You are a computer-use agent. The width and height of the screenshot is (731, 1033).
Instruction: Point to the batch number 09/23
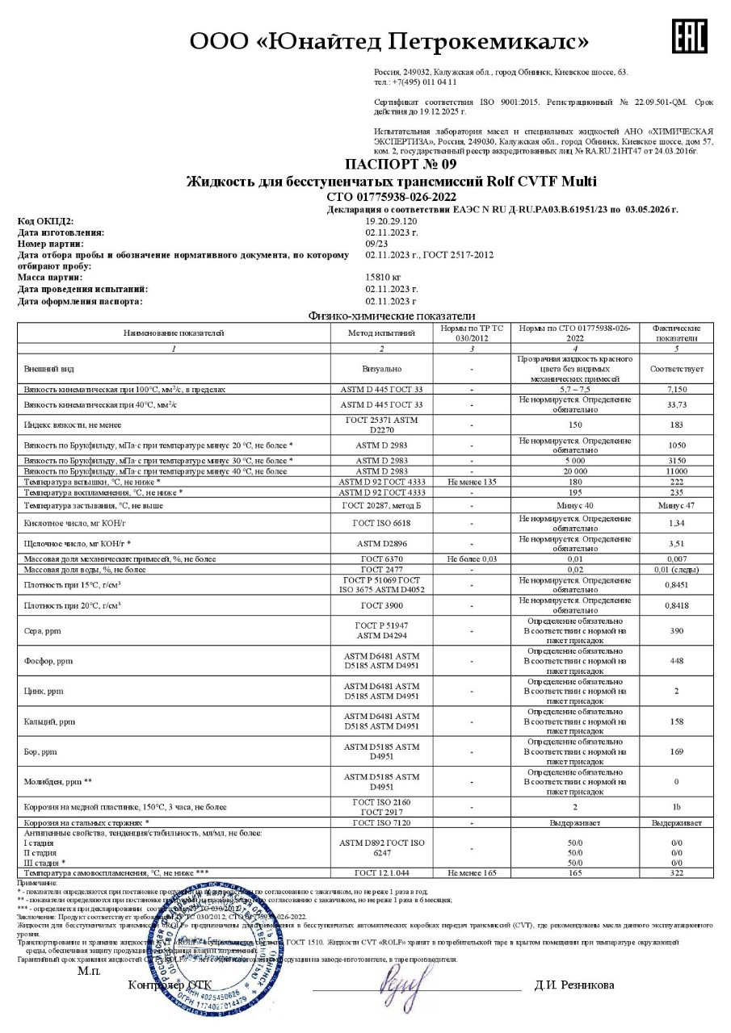point(377,243)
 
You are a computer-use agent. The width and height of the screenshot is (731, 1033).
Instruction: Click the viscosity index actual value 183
point(676,424)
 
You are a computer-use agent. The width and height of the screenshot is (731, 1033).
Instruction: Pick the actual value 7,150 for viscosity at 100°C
point(676,389)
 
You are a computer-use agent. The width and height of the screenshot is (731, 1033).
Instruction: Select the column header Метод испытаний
point(381,332)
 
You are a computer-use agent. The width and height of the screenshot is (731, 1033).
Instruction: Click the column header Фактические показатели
point(676,332)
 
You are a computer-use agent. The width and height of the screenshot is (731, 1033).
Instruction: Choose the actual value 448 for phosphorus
point(676,661)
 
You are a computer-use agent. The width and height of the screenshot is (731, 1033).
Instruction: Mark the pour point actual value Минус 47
point(676,505)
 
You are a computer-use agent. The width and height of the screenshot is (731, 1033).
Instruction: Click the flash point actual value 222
point(676,481)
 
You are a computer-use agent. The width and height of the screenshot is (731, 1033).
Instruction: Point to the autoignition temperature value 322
point(676,873)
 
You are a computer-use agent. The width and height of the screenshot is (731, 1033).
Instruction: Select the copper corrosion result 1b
point(676,805)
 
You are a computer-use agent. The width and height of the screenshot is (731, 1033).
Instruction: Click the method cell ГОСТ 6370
point(381,558)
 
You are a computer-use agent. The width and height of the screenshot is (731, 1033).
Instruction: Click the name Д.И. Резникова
point(573,985)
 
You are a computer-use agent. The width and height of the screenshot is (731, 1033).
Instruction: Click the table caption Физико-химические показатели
point(392,316)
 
